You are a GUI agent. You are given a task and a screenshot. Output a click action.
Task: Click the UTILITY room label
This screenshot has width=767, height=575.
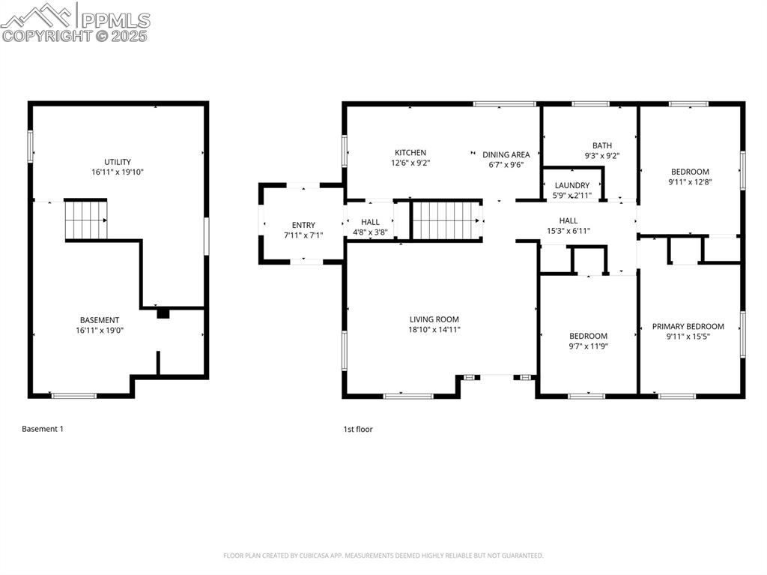(x=118, y=162)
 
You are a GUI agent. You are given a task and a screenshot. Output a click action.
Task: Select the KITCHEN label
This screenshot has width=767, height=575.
(x=410, y=152)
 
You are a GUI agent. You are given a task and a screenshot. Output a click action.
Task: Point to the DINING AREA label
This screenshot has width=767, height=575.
(x=506, y=154)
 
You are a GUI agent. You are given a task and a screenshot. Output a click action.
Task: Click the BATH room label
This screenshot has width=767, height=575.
(x=601, y=145)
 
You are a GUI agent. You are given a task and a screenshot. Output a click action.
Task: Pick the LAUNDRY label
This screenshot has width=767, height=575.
(x=572, y=185)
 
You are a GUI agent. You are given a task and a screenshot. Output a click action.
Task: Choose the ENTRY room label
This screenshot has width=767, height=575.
(x=303, y=225)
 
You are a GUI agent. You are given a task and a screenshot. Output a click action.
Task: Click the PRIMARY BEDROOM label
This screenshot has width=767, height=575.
(x=688, y=326)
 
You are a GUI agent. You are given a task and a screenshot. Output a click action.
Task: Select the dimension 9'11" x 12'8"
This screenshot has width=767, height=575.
(x=688, y=181)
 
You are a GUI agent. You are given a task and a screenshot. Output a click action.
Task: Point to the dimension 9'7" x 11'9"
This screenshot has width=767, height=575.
(x=588, y=346)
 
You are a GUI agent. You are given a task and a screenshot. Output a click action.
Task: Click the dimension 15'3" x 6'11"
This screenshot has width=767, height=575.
(x=568, y=231)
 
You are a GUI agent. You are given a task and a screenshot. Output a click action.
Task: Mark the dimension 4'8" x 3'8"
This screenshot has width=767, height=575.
(x=370, y=232)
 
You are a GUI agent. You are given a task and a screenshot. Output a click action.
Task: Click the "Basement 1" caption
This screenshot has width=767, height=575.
(x=43, y=429)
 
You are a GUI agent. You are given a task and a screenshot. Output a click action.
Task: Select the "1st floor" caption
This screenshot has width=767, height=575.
(x=357, y=429)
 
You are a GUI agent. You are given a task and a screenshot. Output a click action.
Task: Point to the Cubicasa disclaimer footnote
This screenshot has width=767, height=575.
(x=383, y=556)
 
